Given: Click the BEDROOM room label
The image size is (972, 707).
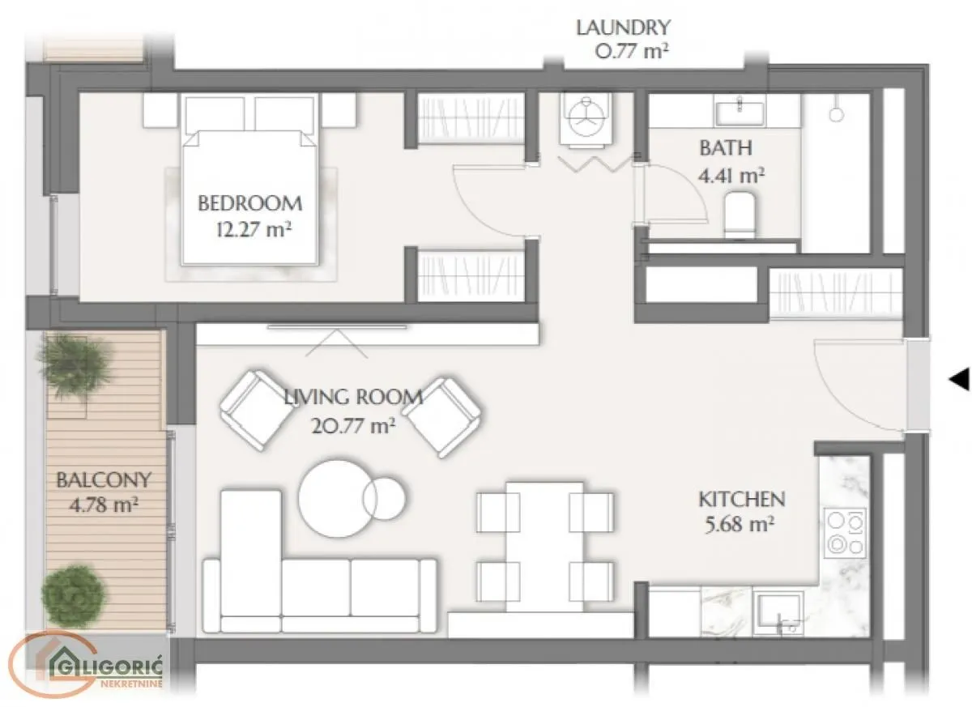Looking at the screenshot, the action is pos(250,203).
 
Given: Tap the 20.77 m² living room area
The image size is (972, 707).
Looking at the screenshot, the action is pos(353,426).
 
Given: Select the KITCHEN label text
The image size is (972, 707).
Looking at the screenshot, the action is pos(742,500).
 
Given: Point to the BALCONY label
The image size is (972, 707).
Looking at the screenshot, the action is pos(104,479).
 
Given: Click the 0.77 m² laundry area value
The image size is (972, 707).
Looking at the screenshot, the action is pos(632,52).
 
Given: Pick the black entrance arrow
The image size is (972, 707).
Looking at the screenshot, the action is pos(959,379).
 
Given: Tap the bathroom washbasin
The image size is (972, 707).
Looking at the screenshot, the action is pos(740,112).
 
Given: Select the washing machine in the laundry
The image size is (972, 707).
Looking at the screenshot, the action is pos(586,118).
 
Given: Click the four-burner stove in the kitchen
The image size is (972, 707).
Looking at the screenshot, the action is pos(846,533).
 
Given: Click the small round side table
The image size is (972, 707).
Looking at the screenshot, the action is pos(384,498).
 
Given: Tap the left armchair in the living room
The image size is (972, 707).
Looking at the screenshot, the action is pos(257,410).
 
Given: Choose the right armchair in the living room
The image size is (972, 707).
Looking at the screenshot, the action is pos(442,417).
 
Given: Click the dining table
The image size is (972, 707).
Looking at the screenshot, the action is pos(545,547).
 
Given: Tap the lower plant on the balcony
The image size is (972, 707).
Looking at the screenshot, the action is pos(73,595).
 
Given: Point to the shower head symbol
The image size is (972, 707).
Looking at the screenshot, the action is pos(836,112).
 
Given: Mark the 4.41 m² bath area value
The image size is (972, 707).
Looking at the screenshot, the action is pos(731,176).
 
